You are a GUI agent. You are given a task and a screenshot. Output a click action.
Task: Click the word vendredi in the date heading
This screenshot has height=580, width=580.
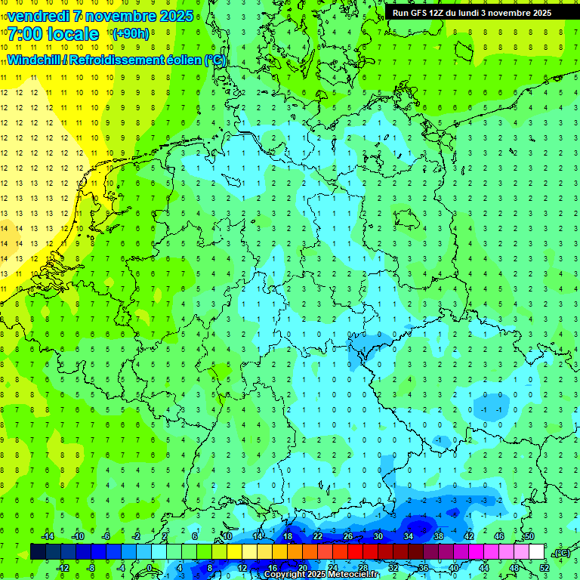pos(39,16)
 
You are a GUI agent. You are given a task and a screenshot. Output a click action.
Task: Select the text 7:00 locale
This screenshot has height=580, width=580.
pos(53,34)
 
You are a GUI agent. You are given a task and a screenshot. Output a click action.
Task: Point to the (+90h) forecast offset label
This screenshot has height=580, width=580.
pos(130,34)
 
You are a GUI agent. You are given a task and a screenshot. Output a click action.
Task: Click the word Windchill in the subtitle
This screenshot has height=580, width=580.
pos(35,60)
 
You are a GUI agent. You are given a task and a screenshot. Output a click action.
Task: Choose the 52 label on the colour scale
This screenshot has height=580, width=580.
pos(545,567)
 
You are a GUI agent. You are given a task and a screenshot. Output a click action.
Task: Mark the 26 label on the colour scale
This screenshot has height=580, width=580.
pos(348,536)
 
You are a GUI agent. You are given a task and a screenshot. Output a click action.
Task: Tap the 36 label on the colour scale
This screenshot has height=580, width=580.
pos(424,567)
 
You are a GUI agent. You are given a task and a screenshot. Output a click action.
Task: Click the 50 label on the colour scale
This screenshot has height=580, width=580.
pos(529,536)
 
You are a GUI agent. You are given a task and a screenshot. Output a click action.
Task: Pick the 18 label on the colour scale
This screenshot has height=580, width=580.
pos(288,536)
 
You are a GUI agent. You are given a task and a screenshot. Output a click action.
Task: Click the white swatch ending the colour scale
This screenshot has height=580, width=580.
pos(537,551)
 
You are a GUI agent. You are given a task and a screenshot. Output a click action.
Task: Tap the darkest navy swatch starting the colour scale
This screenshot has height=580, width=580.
pos(38,551)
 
